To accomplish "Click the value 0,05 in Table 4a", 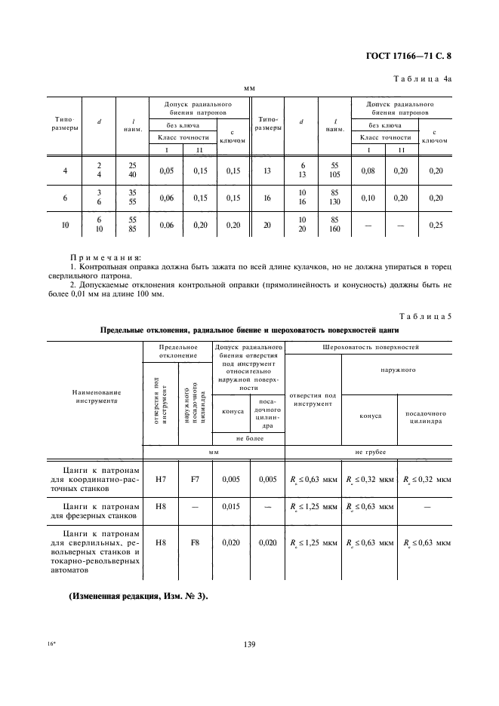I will tap(166, 171).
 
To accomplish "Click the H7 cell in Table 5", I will tap(160, 478).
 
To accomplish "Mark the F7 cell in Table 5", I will tap(194, 478).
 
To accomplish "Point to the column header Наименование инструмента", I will tap(97, 397).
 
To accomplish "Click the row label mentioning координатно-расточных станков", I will tap(97, 478).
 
